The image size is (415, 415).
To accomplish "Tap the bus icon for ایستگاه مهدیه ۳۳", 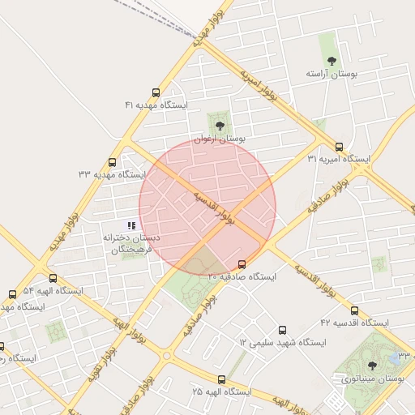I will [x=112, y=162].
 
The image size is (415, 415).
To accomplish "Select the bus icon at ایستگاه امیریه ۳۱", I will [x=339, y=147].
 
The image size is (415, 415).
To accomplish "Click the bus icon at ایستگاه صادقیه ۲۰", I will [x=242, y=264].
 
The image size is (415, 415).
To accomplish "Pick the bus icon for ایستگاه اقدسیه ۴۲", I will [x=353, y=310].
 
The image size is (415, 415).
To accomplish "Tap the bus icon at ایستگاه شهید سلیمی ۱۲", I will [x=282, y=330].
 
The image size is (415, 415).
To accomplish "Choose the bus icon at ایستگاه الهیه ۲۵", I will [x=221, y=379].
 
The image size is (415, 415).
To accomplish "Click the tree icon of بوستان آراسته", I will [x=331, y=60].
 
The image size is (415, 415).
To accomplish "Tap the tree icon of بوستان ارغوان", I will [x=218, y=126].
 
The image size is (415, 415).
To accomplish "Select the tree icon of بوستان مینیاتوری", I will [x=372, y=366].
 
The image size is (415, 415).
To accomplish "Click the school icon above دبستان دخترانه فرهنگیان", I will [x=131, y=225].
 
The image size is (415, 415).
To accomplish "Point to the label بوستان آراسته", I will [x=332, y=74].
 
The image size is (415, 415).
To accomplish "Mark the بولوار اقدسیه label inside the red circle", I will [x=214, y=208].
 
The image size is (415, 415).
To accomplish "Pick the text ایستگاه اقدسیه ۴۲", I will [x=354, y=323].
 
